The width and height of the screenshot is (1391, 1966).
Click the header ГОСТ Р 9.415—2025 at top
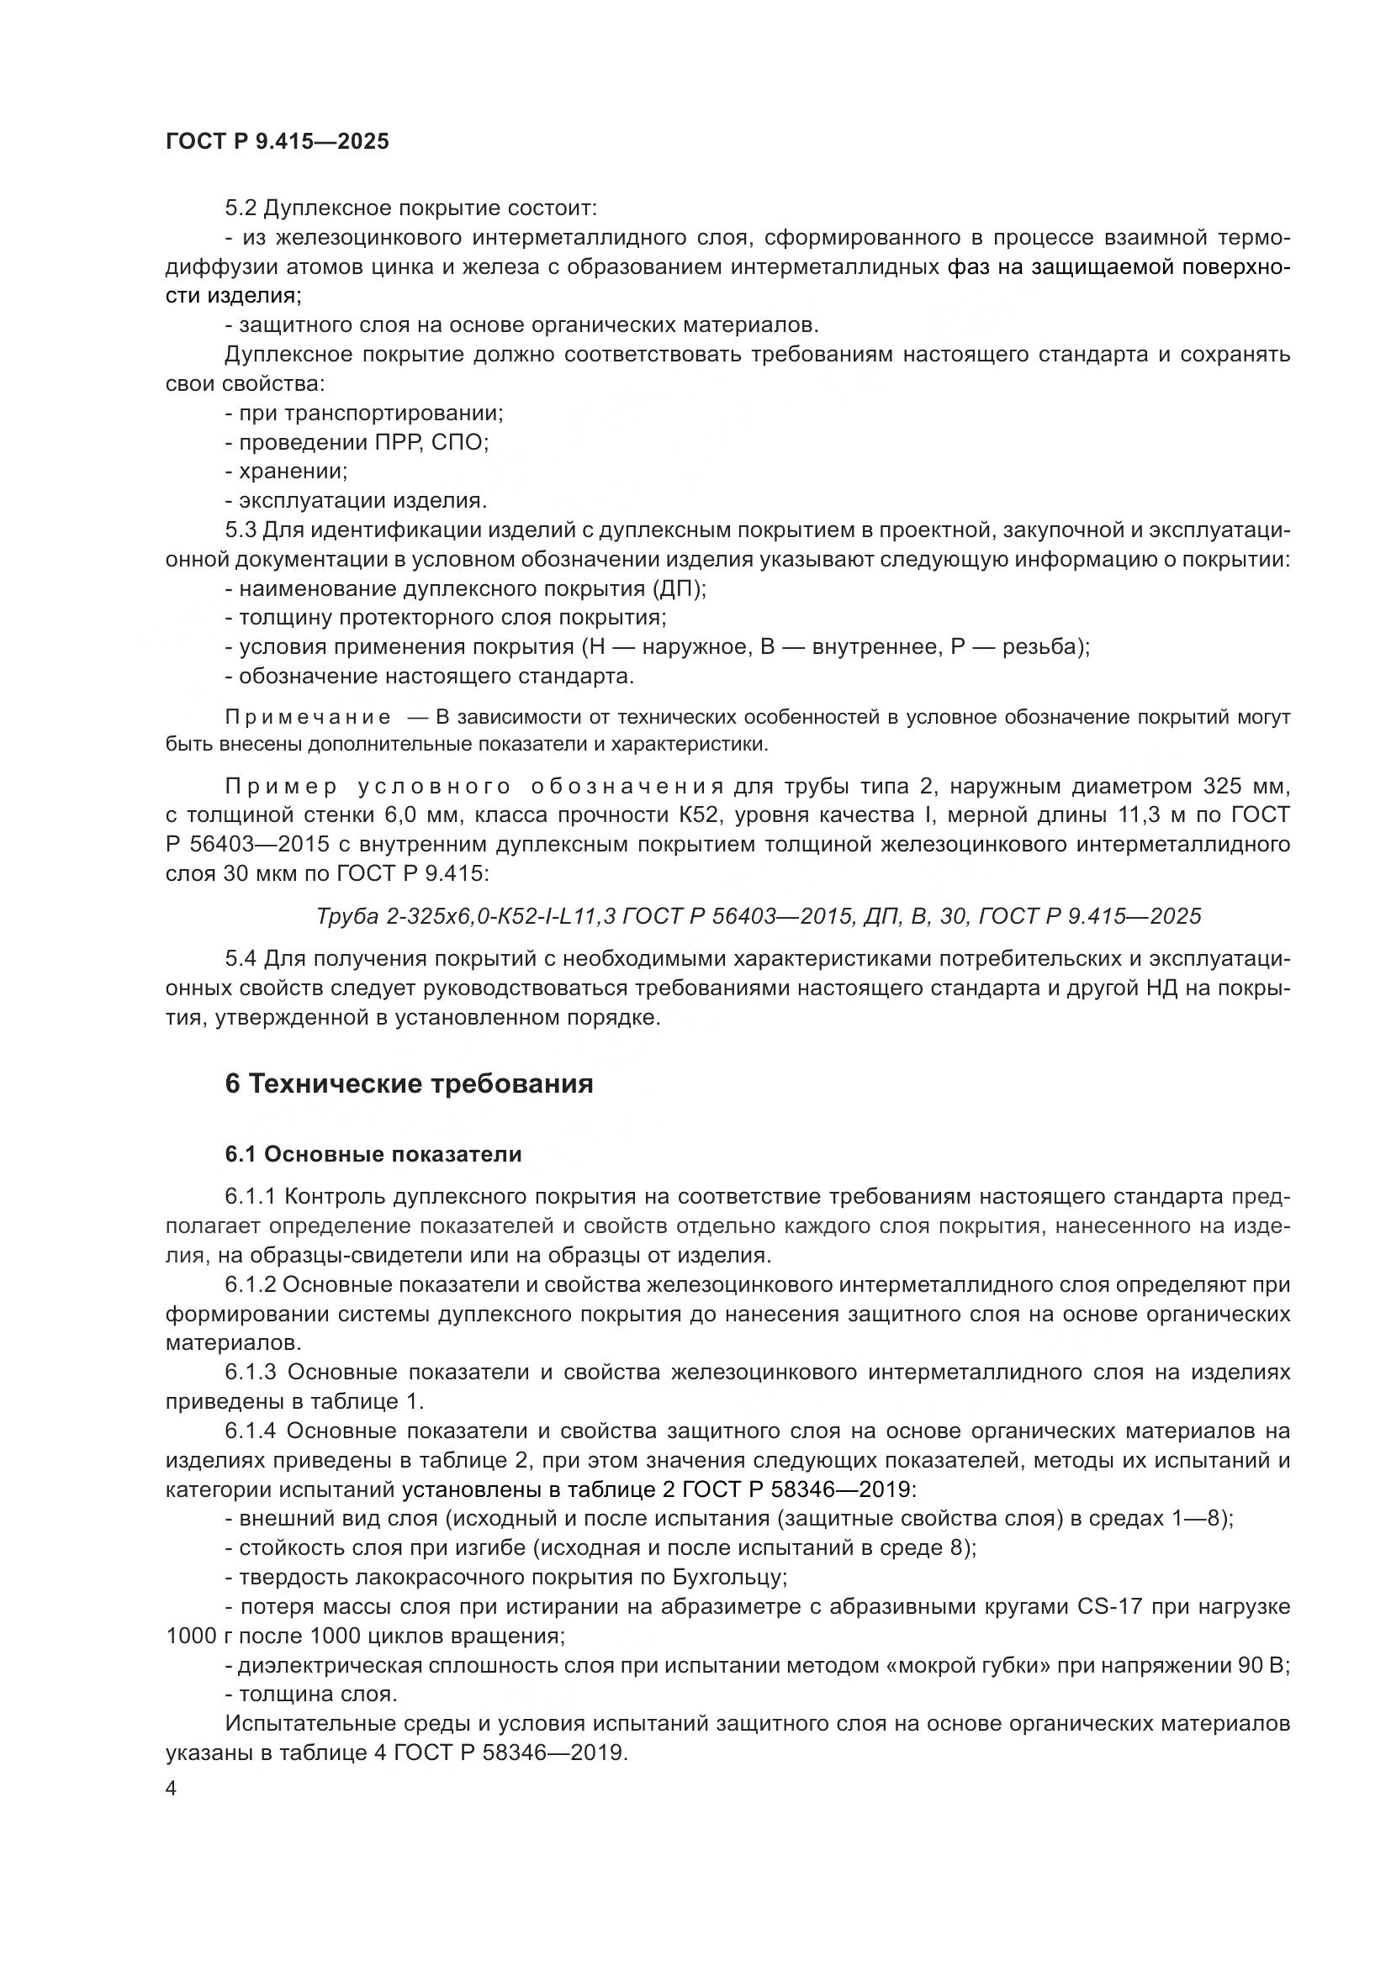pyautogui.click(x=277, y=141)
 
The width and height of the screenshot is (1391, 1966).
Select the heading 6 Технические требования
pyautogui.click(x=409, y=1084)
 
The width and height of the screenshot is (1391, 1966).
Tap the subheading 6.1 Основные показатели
pyautogui.click(x=373, y=1154)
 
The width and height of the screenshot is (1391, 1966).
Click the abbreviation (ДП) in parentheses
pyautogui.click(x=679, y=589)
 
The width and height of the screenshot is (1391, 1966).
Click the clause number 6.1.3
pyautogui.click(x=251, y=1373)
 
